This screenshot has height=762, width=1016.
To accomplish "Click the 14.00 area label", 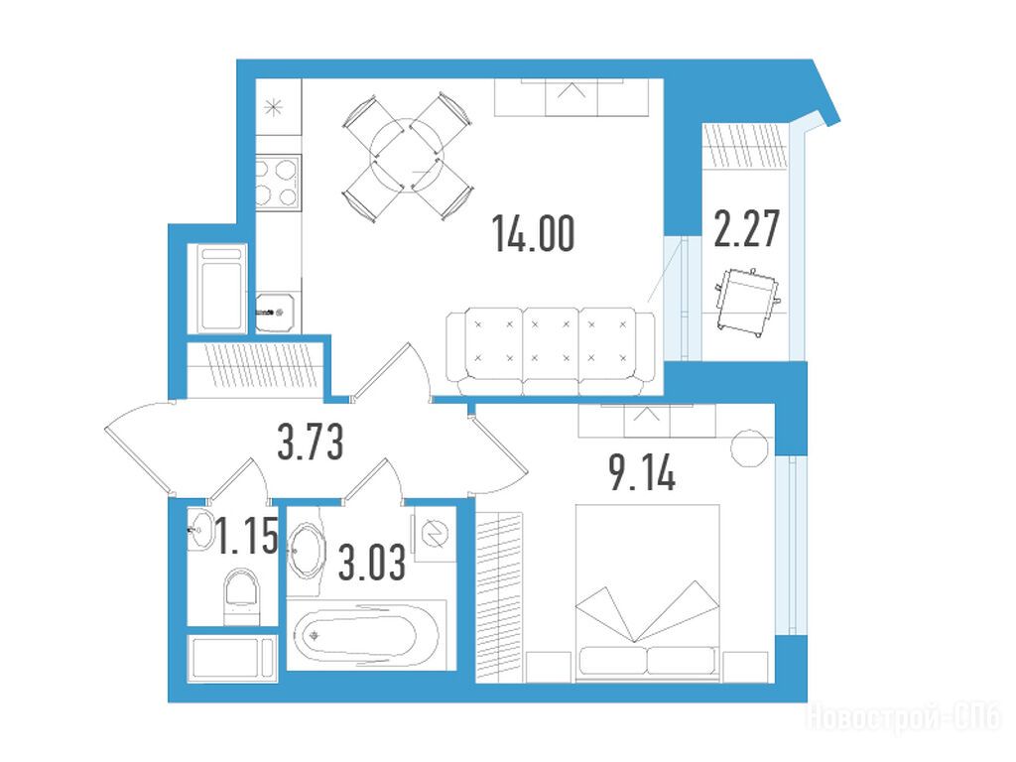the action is (533, 234).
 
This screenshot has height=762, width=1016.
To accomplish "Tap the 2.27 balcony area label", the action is (746, 229).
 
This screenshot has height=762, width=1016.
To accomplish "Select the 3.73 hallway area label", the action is (311, 442).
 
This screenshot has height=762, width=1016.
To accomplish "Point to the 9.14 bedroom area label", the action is (642, 473).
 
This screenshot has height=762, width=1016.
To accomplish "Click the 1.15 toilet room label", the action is (247, 536).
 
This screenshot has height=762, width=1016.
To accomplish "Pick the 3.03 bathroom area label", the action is (373, 562).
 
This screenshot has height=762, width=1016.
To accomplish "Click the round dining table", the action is (406, 156).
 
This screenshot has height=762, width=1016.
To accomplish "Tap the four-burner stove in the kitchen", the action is (278, 183).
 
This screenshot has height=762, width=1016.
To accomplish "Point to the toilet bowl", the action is (241, 596).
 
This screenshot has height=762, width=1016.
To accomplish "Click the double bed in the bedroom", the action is (647, 593).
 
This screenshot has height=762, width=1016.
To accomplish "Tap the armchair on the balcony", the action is (749, 302).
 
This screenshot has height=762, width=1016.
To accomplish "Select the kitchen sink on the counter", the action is (278, 312).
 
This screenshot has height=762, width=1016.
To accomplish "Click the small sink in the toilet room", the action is (200, 530).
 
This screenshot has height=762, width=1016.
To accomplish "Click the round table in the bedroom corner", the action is (750, 447).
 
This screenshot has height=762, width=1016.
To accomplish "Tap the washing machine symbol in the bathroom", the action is (435, 535).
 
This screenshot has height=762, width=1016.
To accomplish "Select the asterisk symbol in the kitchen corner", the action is (273, 107).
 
